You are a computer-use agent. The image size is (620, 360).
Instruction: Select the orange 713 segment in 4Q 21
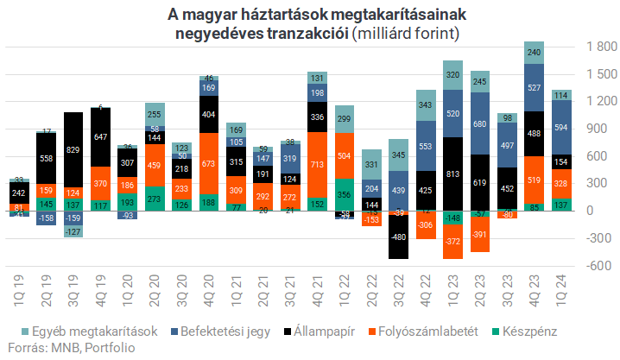(x=317, y=165)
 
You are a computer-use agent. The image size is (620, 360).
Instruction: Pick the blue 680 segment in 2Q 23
(x=479, y=124)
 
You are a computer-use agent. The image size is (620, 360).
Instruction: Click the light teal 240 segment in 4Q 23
(x=534, y=53)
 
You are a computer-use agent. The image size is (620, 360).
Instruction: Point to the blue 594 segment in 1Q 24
(x=560, y=128)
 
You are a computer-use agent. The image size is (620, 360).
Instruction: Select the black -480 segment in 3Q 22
(x=398, y=237)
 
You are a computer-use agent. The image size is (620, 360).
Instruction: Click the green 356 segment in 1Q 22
(x=344, y=195)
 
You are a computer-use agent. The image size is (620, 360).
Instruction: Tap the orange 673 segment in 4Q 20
(x=208, y=164)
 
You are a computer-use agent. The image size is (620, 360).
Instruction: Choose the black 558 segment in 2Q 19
(x=47, y=158)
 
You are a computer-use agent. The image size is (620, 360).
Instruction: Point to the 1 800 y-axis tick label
(x=593, y=47)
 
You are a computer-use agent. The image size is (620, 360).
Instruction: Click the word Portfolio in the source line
(x=110, y=348)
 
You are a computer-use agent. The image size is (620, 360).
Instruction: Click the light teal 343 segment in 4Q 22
(x=425, y=105)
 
